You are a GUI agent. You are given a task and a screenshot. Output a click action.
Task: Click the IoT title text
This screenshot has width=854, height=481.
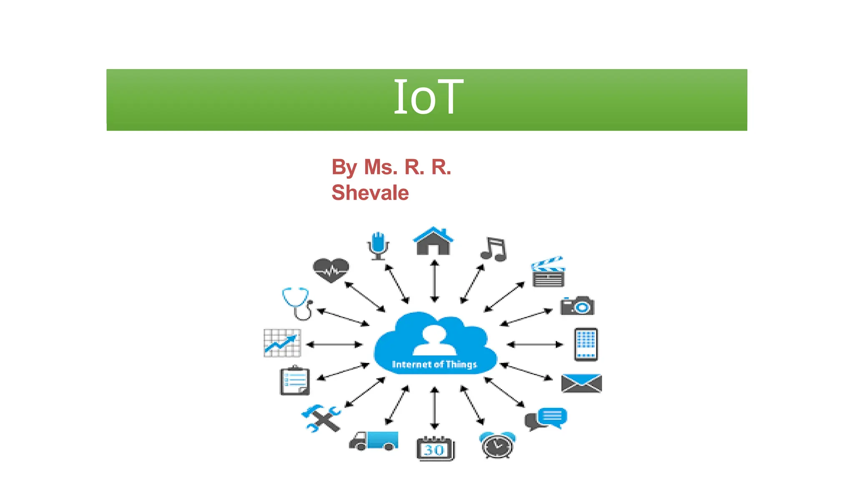[428, 98]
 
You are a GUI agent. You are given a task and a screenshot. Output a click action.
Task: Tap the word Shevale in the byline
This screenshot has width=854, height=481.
[370, 193]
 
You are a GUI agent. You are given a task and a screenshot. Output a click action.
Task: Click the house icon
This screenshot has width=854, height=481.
[433, 241]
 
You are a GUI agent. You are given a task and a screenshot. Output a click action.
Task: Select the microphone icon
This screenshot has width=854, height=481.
[378, 246]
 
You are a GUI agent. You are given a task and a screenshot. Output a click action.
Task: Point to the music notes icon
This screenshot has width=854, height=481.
[493, 250]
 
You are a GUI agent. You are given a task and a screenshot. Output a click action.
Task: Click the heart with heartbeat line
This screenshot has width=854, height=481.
[331, 270]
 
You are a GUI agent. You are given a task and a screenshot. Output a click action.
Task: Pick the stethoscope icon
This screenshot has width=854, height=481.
[297, 303]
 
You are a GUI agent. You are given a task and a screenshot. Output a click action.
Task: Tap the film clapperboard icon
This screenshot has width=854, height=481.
[548, 272]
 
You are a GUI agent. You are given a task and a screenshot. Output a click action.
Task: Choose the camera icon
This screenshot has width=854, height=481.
[577, 306]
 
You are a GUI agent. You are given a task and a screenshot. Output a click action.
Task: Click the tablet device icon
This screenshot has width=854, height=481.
[586, 344]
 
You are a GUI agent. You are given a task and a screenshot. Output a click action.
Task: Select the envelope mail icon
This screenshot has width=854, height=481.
[581, 383]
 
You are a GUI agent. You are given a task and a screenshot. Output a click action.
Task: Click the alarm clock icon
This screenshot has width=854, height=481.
[497, 445]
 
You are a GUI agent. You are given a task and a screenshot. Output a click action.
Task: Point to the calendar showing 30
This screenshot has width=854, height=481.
[435, 449]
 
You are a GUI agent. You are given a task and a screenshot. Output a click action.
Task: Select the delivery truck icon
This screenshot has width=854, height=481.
[374, 441]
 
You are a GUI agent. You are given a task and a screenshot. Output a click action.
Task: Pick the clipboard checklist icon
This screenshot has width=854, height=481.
[295, 380]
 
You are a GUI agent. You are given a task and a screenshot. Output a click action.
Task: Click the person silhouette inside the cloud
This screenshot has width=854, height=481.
[435, 340]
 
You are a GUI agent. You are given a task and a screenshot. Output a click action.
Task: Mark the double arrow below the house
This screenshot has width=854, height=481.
[435, 281]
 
